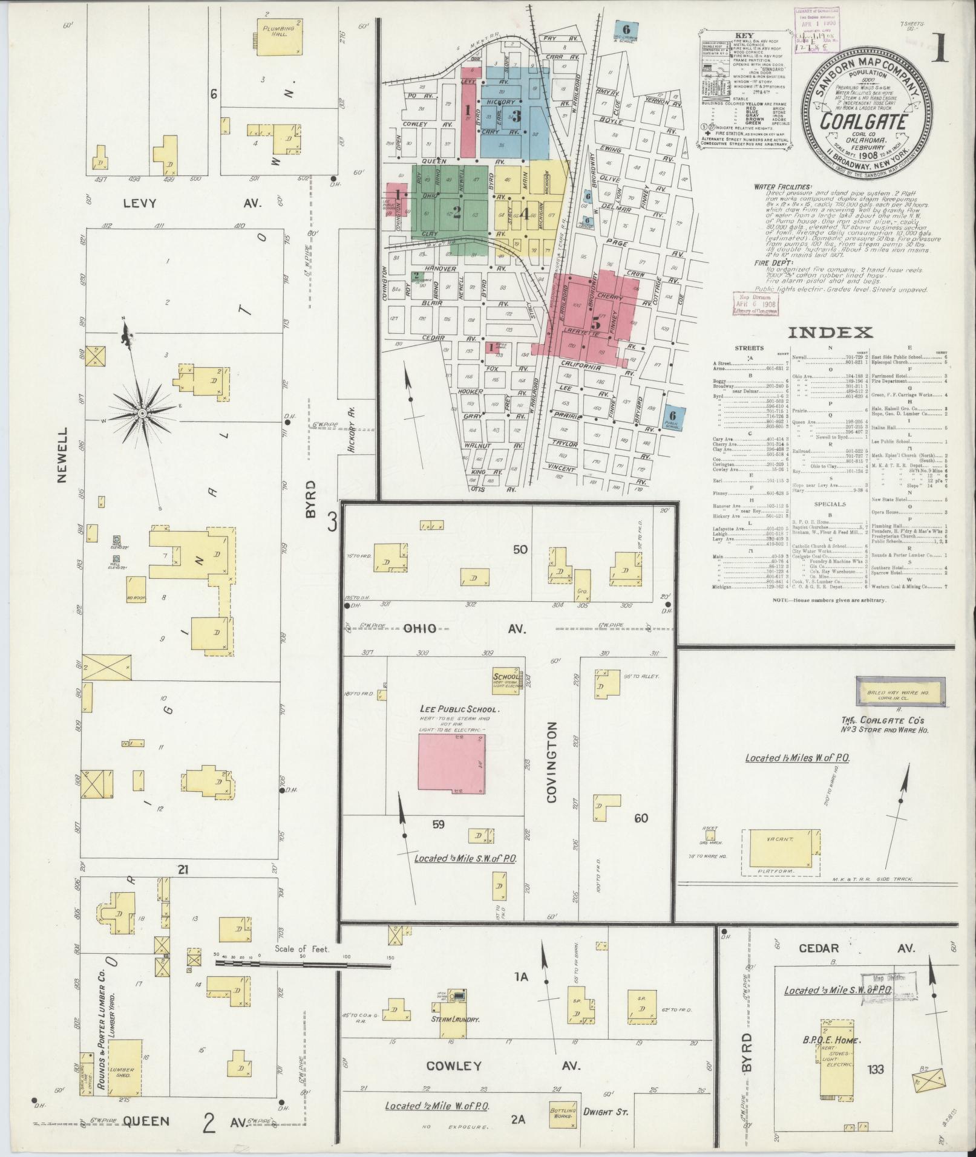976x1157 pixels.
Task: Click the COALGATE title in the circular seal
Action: (x=863, y=121)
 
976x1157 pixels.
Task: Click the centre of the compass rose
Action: (x=142, y=414)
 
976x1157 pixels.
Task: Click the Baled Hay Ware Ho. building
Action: (x=900, y=690)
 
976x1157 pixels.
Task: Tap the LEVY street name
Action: (x=139, y=203)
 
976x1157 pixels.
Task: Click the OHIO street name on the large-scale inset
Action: (x=419, y=628)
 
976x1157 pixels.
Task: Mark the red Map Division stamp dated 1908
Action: (x=755, y=304)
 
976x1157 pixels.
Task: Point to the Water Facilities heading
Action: (x=784, y=187)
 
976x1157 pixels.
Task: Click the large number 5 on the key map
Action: (x=597, y=321)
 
